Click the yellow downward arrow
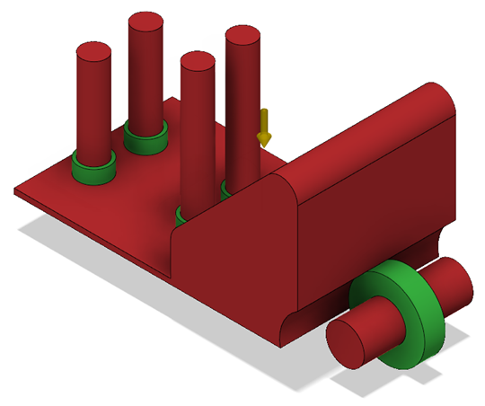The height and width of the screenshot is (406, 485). (264, 128)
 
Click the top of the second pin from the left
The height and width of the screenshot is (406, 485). (145, 23)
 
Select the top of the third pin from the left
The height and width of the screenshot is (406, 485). (198, 62)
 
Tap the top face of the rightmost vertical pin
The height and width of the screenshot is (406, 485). (242, 36)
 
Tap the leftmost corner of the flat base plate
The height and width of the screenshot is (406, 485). (18, 191)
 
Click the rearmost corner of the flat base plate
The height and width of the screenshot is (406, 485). (171, 98)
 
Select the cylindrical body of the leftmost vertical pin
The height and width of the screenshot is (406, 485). (93, 108)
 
